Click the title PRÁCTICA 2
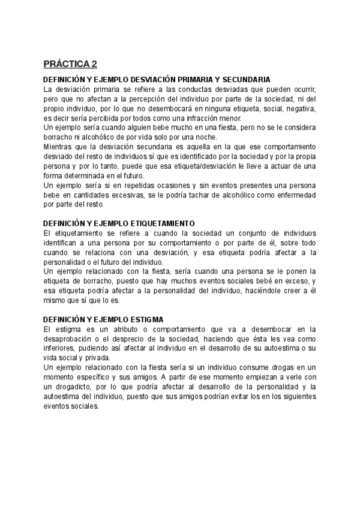coord(70,64)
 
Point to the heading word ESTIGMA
coord(145,319)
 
